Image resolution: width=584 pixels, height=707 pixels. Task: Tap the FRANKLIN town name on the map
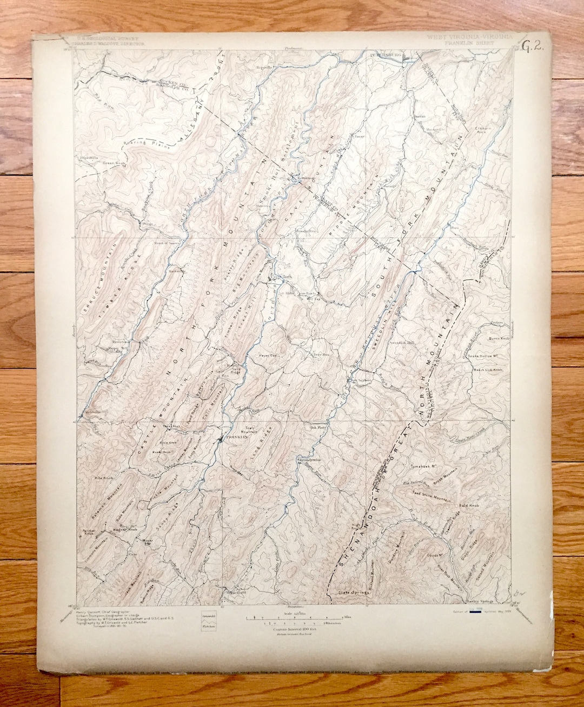point(236,437)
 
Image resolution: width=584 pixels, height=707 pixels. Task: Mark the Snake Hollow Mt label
point(482,356)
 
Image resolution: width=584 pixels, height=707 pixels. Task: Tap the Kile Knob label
point(102,478)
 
